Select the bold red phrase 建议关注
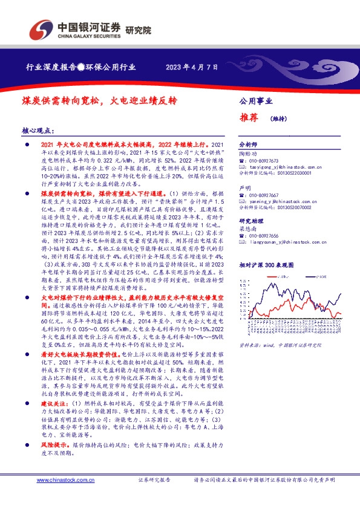point(55,402)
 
